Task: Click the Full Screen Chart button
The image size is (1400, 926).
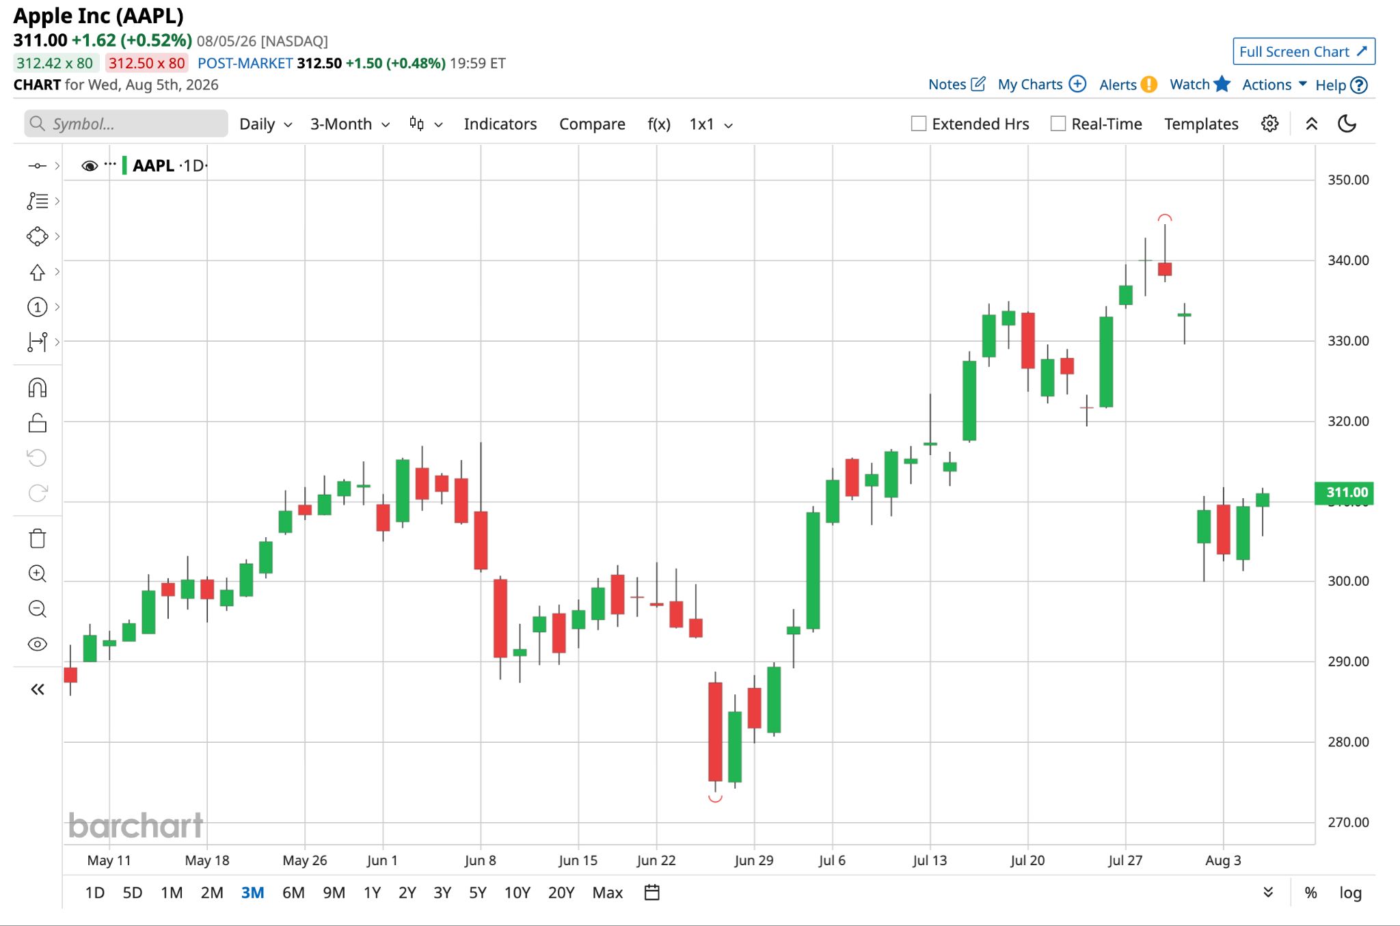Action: coord(1304,52)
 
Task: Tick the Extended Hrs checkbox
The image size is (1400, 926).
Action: coord(919,124)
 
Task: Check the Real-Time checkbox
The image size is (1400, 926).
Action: coord(1058,124)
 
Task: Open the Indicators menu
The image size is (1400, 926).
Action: coord(500,124)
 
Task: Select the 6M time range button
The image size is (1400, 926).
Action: coord(293,893)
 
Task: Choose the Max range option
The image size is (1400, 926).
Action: coord(608,893)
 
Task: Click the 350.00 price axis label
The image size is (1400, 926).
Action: coord(1348,180)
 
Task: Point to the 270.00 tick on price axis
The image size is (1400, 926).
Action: coord(1348,822)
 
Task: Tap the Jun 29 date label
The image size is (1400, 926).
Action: coord(754,860)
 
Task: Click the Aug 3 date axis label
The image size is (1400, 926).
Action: coord(1223,860)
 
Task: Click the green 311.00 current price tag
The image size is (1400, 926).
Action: coord(1344,493)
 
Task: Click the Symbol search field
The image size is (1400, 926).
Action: coord(126,124)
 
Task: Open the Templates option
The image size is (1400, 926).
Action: coord(1201,124)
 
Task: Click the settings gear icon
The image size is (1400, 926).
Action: coord(1269,124)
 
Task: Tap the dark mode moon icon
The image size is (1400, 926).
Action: coord(1347,124)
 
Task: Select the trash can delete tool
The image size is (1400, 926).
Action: coord(38,539)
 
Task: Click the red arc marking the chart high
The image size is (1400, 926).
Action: coord(1165,217)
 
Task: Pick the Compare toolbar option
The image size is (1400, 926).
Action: coord(592,124)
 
